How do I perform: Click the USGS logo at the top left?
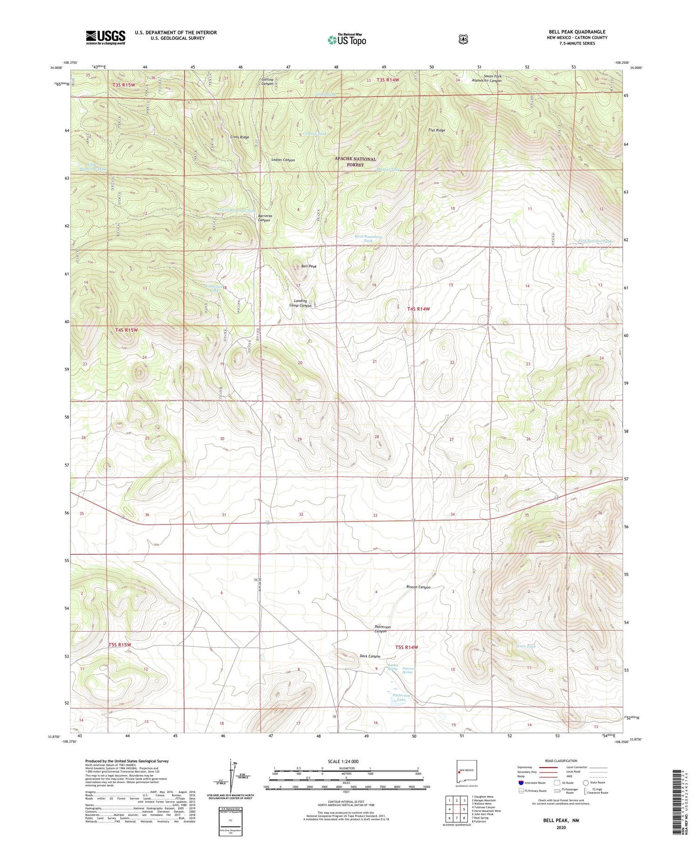point(105,37)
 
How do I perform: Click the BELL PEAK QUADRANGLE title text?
point(577,32)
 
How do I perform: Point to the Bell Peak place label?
point(308,266)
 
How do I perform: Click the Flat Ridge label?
point(437,130)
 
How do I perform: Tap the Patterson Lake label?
point(401,697)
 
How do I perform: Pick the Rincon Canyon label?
point(418,587)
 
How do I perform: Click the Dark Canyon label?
point(370,656)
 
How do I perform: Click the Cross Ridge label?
point(239,137)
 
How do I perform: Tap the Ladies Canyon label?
point(283,160)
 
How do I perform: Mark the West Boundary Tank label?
point(368,239)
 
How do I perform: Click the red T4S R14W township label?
point(418,309)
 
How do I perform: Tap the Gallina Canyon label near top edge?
point(267,82)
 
